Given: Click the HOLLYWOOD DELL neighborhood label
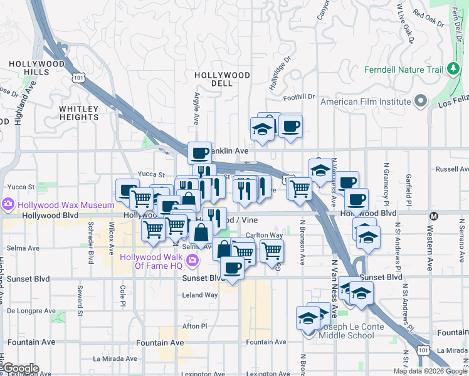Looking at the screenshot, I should click(x=222, y=79).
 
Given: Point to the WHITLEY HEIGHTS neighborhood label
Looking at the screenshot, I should click(x=79, y=113).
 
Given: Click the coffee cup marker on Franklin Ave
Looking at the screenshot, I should click(x=200, y=153).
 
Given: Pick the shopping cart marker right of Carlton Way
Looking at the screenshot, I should click(x=271, y=250).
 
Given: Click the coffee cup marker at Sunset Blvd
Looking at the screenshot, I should click(x=231, y=268).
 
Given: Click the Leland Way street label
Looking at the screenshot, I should click(x=199, y=295).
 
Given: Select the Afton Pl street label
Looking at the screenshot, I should click(x=194, y=326).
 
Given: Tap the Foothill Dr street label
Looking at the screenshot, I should click(x=298, y=97).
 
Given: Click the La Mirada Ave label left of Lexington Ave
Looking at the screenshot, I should click(x=115, y=359).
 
